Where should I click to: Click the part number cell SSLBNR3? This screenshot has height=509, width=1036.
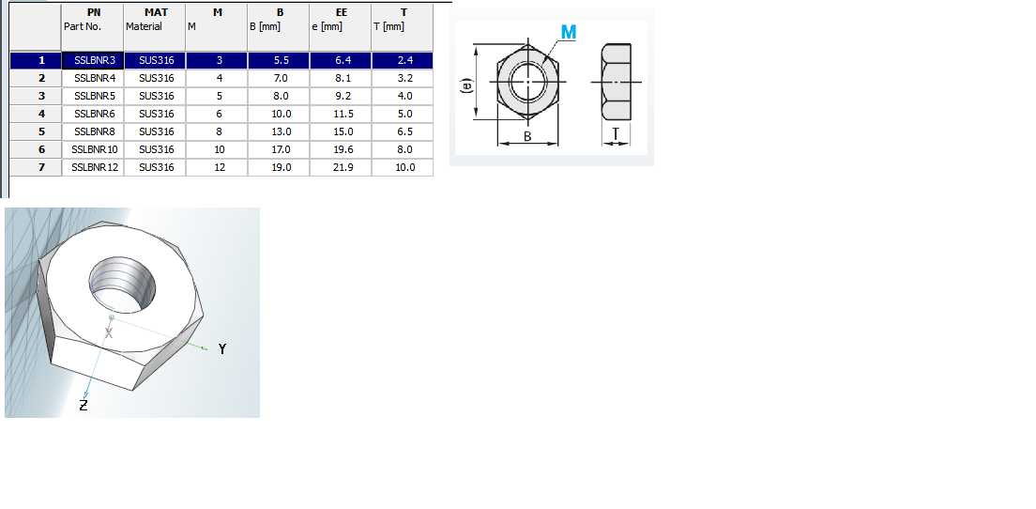93,60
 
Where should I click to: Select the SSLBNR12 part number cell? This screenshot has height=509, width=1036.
93,167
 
